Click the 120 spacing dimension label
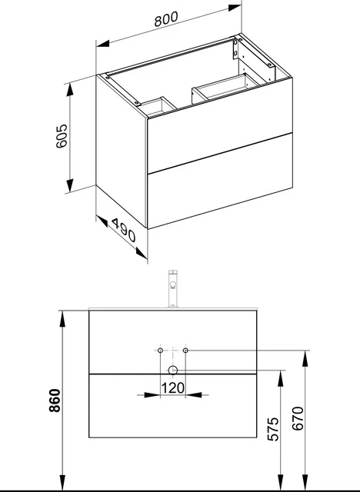coord(172,388)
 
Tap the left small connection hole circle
coord(159,351)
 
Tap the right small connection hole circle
coord(185,351)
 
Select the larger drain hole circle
coord(172,370)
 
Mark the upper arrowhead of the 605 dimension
coord(71,90)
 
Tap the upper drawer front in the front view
coord(123,342)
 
